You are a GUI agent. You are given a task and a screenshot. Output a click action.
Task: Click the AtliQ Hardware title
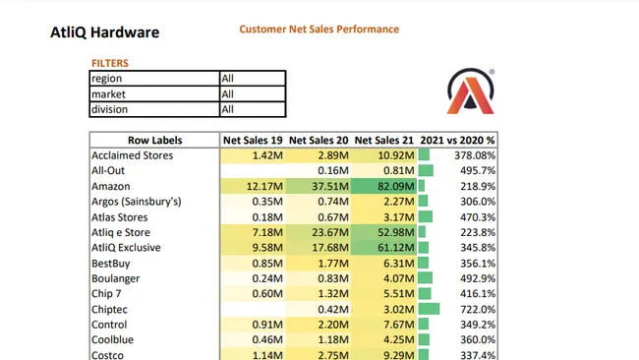tap(104, 32)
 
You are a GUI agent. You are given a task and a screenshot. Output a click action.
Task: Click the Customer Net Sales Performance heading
tap(319, 30)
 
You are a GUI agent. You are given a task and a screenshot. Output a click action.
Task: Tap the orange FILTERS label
tap(109, 63)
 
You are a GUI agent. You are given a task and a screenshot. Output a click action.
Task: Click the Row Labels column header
tap(154, 140)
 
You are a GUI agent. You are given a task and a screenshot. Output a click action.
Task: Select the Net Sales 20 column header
tap(319, 140)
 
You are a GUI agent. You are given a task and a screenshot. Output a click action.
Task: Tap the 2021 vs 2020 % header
tap(457, 140)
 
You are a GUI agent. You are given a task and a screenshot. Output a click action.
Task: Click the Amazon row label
tap(110, 186)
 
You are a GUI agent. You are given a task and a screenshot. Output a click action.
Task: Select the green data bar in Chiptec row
tap(429, 309)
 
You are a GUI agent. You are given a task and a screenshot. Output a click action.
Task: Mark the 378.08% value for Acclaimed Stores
tap(474, 155)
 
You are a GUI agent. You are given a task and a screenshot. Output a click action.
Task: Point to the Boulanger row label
tap(116, 278)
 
